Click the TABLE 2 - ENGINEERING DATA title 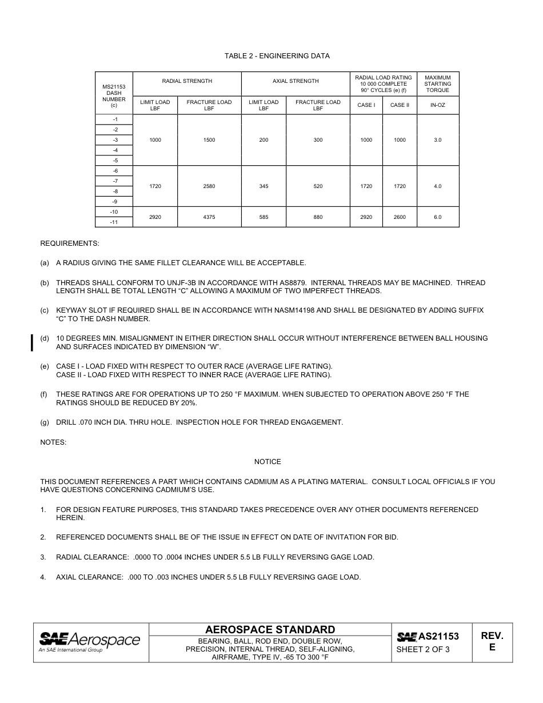pyautogui.click(x=277, y=56)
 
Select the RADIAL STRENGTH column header pyautogui.click(x=187, y=81)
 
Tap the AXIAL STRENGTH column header pyautogui.click(x=296, y=81)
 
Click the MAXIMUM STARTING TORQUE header pyautogui.click(x=437, y=83)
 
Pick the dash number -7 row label pyautogui.click(x=115, y=181)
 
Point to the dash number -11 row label pyautogui.click(x=114, y=222)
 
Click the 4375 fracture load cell pyautogui.click(x=209, y=217)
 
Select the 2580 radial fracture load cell pyautogui.click(x=209, y=186)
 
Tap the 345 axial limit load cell pyautogui.click(x=263, y=186)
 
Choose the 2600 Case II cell pyautogui.click(x=400, y=217)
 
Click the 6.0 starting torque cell pyautogui.click(x=437, y=217)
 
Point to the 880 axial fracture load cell pyautogui.click(x=318, y=217)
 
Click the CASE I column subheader pyautogui.click(x=366, y=105)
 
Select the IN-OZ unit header pyautogui.click(x=437, y=105)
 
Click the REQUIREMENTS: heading pyautogui.click(x=69, y=243)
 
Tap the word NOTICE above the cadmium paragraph pyautogui.click(x=267, y=462)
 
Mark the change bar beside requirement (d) pyautogui.click(x=32, y=343)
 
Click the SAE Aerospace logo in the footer pyautogui.click(x=89, y=642)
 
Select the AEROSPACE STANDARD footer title pyautogui.click(x=270, y=630)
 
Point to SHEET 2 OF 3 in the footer pyautogui.click(x=423, y=650)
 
